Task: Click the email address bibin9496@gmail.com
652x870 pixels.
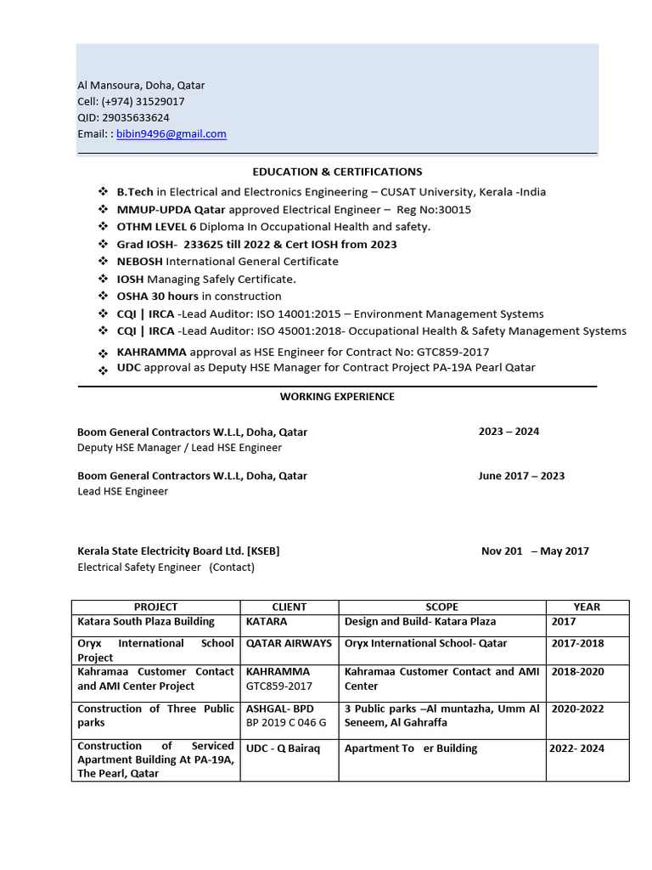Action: tap(171, 134)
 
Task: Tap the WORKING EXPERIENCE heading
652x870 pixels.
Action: tap(337, 397)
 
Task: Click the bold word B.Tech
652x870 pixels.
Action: tap(134, 192)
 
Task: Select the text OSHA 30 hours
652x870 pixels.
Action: tap(157, 297)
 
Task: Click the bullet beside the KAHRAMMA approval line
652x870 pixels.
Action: tap(103, 353)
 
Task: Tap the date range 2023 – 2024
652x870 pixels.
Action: tap(509, 432)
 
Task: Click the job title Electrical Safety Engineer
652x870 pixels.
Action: tap(139, 567)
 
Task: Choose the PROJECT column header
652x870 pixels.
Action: tap(156, 607)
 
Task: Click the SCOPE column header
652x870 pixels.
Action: tap(441, 607)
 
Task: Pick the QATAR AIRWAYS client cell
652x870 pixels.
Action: tap(289, 644)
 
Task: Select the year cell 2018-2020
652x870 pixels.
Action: tap(579, 672)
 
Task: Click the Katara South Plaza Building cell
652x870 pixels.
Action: tap(146, 622)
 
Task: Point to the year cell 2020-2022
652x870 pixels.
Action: tap(579, 709)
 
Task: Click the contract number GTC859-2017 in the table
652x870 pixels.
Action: tap(279, 686)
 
